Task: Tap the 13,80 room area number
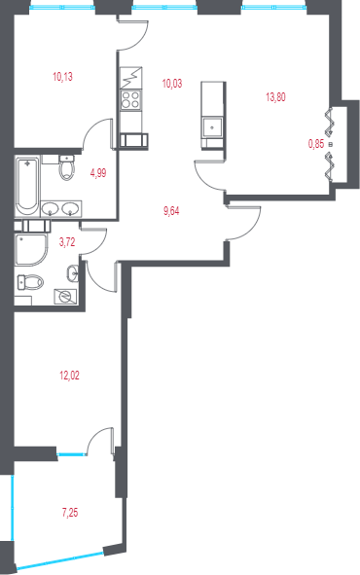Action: (275, 96)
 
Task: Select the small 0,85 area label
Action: (316, 144)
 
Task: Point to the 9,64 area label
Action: (171, 211)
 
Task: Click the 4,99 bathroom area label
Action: (98, 172)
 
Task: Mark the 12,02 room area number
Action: (69, 375)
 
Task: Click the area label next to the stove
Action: (172, 84)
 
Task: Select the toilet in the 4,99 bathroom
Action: (65, 169)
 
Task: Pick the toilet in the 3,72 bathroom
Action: (29, 282)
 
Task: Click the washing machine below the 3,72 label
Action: (65, 297)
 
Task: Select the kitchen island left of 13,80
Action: (212, 115)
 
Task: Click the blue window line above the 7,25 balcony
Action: (70, 453)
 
